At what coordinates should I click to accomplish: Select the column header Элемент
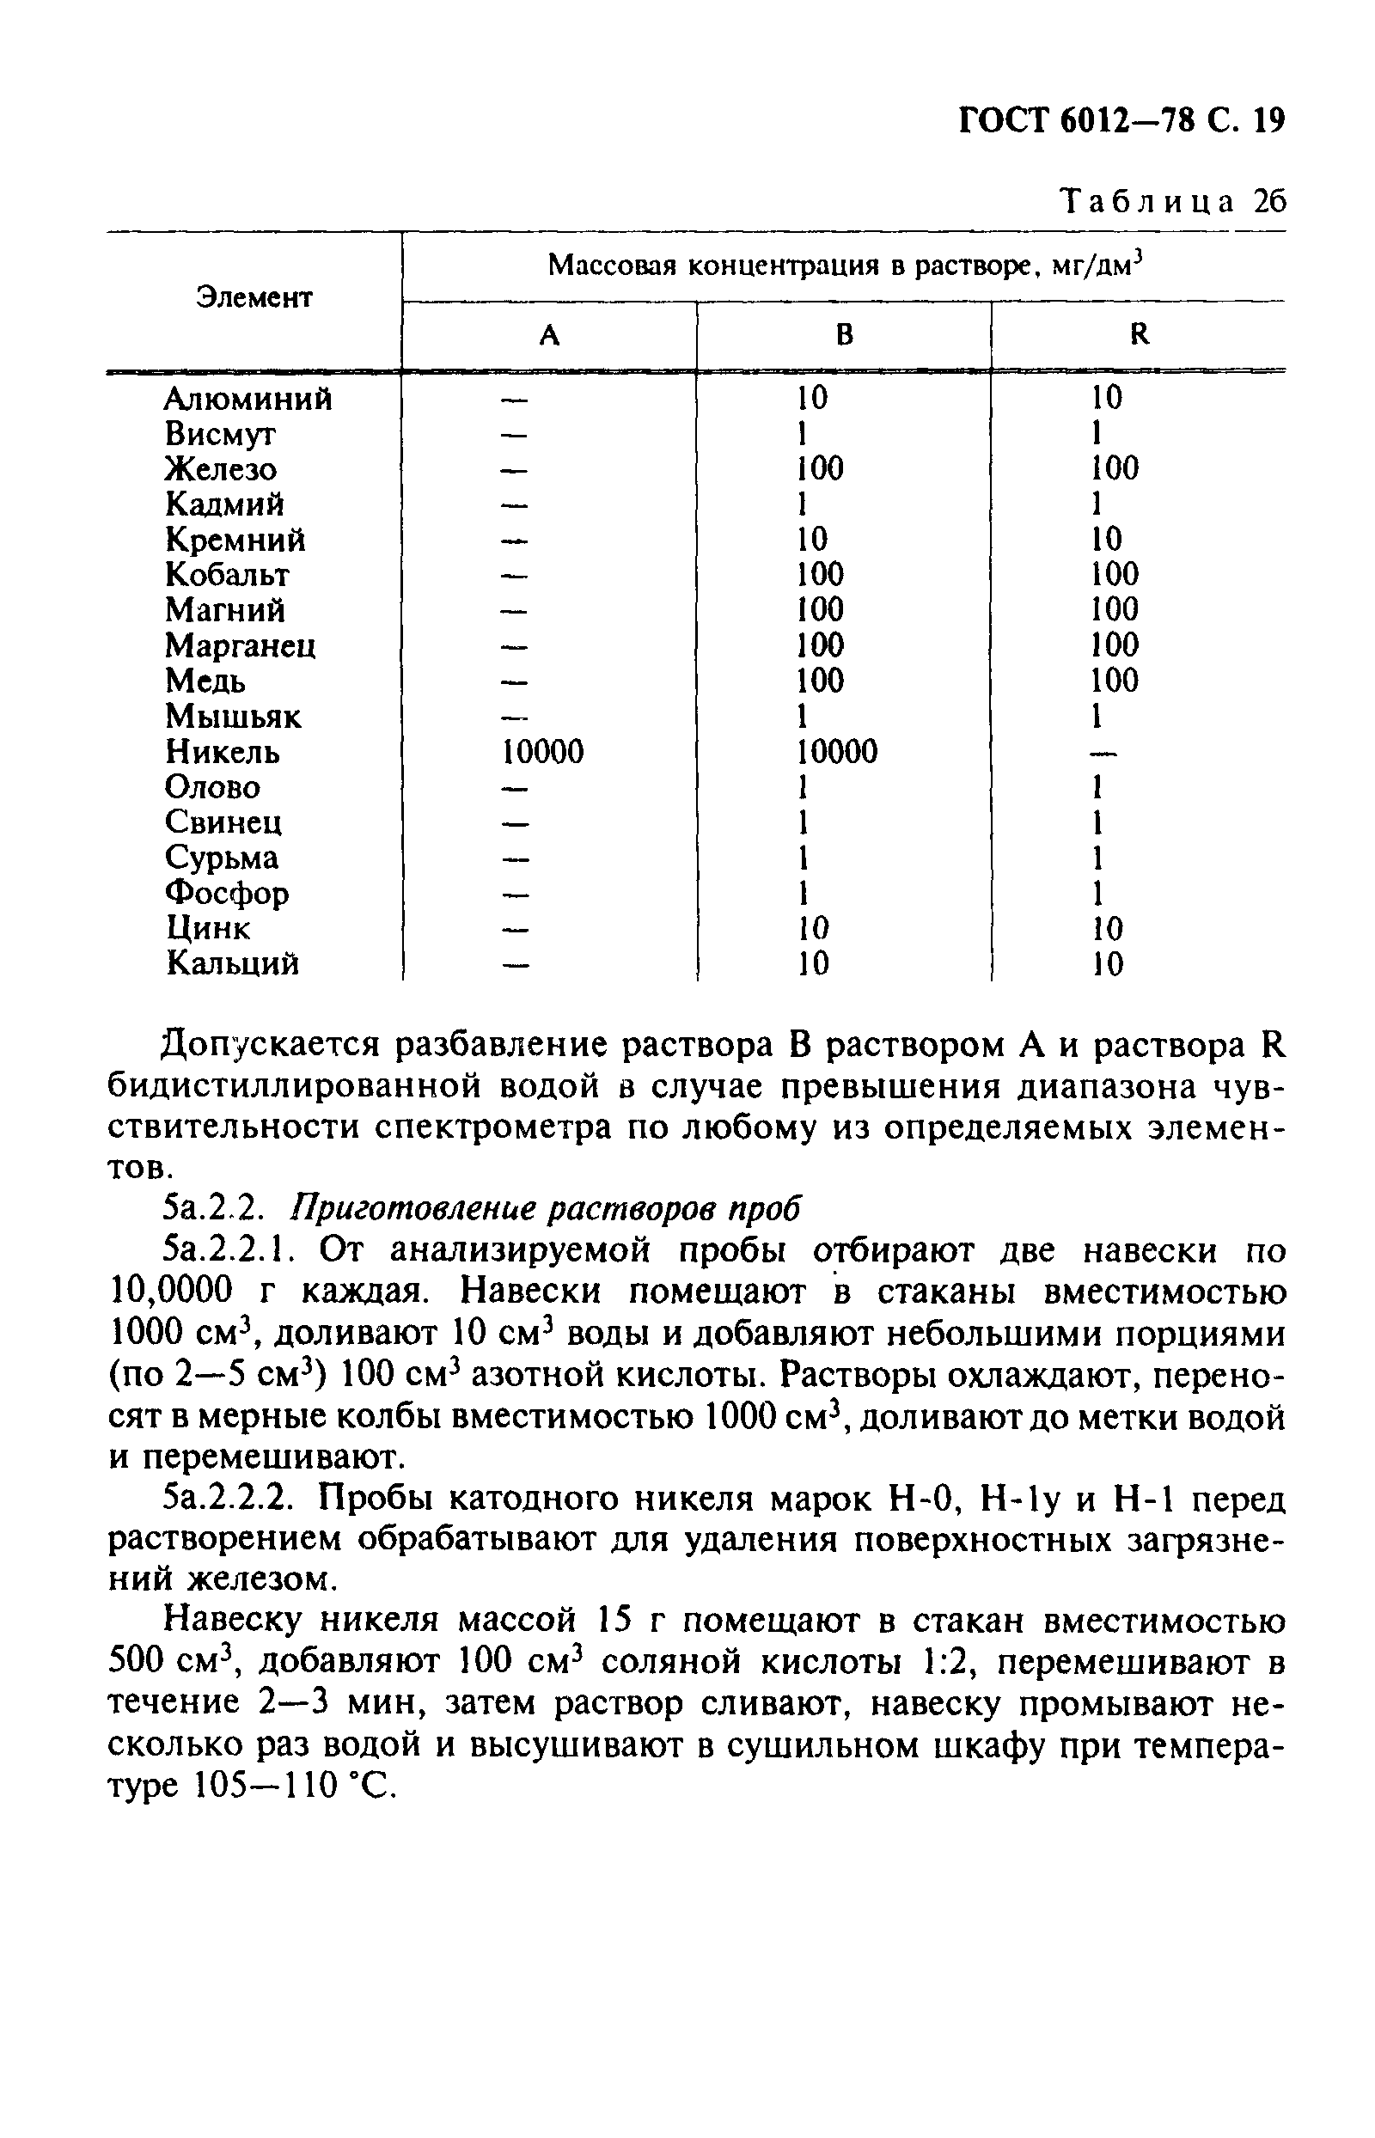(254, 297)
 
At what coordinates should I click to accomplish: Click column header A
(550, 335)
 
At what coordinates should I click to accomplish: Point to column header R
(1140, 335)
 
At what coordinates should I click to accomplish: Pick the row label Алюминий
(248, 398)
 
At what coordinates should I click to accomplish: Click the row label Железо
(221, 468)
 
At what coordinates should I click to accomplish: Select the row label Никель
(223, 752)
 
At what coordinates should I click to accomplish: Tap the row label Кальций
(232, 963)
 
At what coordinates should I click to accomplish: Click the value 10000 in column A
(543, 752)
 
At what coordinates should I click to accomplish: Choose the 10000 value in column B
(837, 752)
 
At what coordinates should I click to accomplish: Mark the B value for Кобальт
(820, 574)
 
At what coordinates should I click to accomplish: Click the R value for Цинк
(1108, 928)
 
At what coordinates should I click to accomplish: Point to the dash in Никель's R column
(1104, 754)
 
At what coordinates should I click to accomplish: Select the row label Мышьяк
(233, 716)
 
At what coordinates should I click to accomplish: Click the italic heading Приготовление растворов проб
(546, 1209)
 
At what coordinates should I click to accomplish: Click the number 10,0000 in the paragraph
(170, 1292)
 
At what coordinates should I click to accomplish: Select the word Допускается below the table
(267, 1045)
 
